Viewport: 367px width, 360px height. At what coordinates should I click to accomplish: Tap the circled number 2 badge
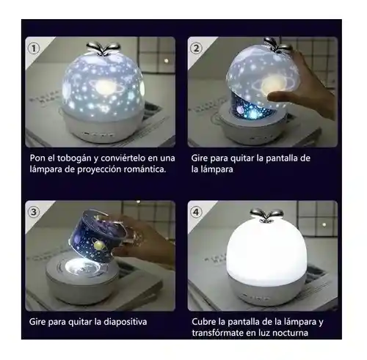click(196, 48)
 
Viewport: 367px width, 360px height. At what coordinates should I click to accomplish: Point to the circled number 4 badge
click(196, 212)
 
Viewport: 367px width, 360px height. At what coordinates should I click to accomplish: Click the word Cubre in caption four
click(206, 321)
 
